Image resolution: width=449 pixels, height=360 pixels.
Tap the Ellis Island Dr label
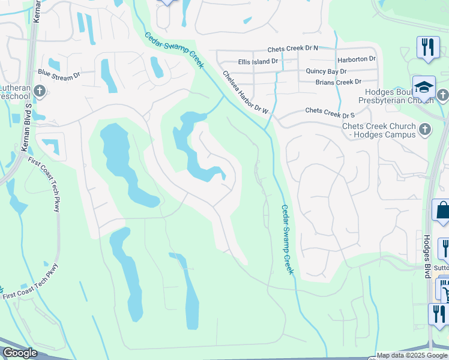[x=258, y=61]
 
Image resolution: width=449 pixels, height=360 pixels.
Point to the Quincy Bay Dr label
[x=327, y=71]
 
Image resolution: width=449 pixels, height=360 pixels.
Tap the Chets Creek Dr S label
[x=330, y=112]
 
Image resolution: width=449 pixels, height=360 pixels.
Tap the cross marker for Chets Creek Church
[x=424, y=128]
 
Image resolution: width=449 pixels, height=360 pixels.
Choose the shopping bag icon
[x=442, y=211]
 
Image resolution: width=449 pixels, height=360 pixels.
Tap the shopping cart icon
[x=445, y=292]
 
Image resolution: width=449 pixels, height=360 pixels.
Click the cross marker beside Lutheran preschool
[x=40, y=91]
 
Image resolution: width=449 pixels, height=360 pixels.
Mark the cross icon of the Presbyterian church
[x=442, y=95]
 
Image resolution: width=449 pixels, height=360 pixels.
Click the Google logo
[x=20, y=353]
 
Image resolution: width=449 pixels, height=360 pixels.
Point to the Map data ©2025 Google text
[x=412, y=355]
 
